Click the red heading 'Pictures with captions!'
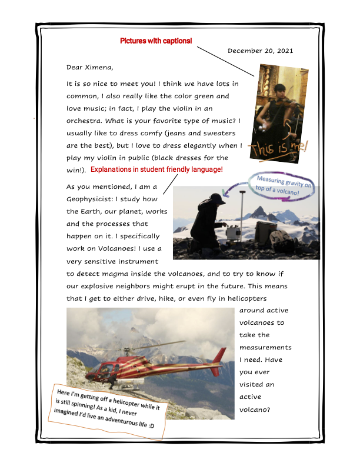coord(156,41)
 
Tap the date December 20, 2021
coord(260,51)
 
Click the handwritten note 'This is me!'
coord(280,148)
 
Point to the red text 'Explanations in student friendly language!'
coord(157,169)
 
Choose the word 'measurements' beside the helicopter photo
coord(265,348)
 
